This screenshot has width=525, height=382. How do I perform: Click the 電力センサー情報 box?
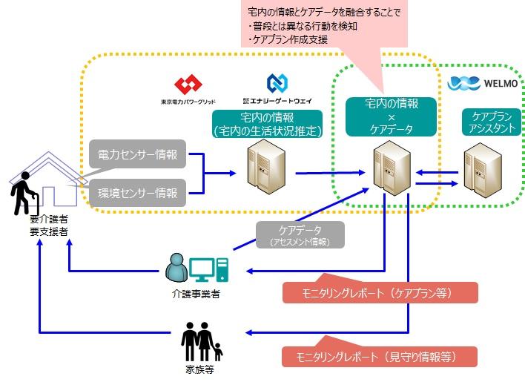pyautogui.click(x=138, y=155)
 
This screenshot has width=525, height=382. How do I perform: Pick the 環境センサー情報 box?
pyautogui.click(x=138, y=193)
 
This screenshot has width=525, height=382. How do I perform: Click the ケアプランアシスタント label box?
pyautogui.click(x=486, y=122)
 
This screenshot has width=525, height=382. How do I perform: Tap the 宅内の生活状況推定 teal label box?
pyautogui.click(x=267, y=125)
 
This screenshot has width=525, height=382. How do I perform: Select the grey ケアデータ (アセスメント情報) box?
pyautogui.click(x=300, y=234)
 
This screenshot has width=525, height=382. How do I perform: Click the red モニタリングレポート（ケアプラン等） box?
pyautogui.click(x=380, y=292)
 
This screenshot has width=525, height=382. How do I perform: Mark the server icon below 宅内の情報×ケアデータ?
pyautogui.click(x=388, y=170)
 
